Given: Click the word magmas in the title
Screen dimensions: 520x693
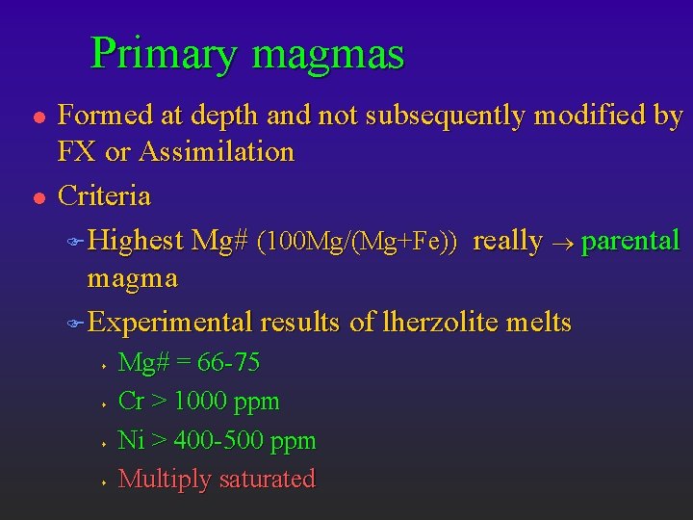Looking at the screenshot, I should pyautogui.click(x=328, y=54).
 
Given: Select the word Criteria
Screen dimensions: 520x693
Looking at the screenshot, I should pyautogui.click(x=104, y=195).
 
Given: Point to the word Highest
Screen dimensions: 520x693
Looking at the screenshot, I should pyautogui.click(x=135, y=241).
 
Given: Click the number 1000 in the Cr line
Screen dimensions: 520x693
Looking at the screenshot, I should pyautogui.click(x=203, y=402).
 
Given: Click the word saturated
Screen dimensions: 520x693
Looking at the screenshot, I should pyautogui.click(x=267, y=479).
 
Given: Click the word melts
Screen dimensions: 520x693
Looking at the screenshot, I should pyautogui.click(x=543, y=323).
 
